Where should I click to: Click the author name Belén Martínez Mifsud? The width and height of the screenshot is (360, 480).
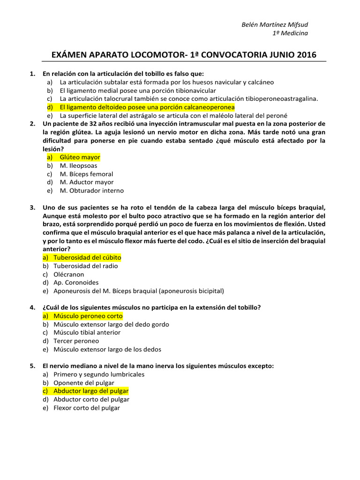click(275, 24)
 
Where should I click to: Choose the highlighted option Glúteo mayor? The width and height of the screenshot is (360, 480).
click(80, 157)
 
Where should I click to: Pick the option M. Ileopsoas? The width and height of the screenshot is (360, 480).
click(79, 165)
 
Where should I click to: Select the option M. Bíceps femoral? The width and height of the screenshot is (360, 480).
click(86, 174)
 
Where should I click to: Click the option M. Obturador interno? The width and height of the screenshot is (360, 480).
click(92, 191)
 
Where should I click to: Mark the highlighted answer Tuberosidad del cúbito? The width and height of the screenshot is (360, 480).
click(87, 257)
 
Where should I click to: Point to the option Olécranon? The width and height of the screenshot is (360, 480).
click(69, 274)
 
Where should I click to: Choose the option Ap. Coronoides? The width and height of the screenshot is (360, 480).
click(76, 283)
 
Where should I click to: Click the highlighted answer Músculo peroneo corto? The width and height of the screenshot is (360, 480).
click(88, 316)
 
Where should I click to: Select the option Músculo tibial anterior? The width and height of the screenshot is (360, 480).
click(87, 332)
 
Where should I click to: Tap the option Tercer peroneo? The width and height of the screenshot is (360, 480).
click(74, 341)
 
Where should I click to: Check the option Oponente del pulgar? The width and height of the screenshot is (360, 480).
click(84, 382)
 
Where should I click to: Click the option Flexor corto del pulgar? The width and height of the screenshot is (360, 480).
click(87, 408)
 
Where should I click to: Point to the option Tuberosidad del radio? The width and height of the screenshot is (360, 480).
click(86, 266)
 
